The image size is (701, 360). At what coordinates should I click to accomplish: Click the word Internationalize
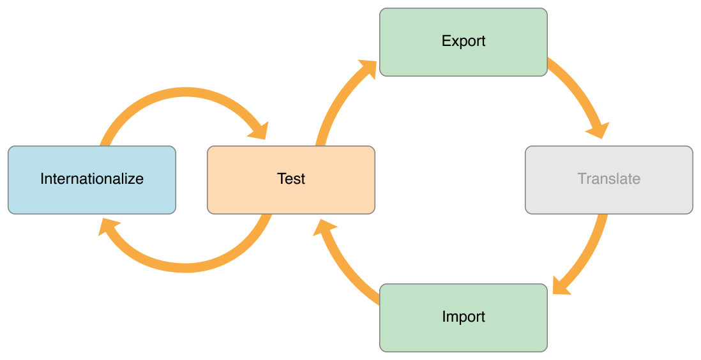pyautogui.click(x=92, y=179)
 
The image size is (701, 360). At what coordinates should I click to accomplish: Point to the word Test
pyautogui.click(x=291, y=179)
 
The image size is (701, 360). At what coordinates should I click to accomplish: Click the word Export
pyautogui.click(x=464, y=41)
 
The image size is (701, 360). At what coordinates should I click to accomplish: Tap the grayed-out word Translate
pyautogui.click(x=608, y=179)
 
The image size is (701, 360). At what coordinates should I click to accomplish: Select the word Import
pyautogui.click(x=464, y=317)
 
